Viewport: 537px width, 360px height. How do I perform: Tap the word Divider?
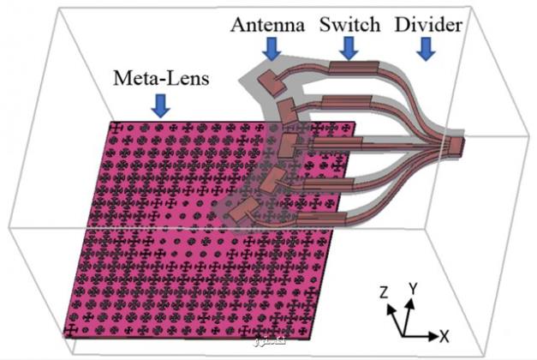pos(427,25)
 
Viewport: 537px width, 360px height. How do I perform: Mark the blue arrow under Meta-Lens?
pos(160,106)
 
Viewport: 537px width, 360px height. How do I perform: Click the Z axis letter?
pos(385,292)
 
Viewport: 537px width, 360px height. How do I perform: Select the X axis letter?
pos(445,333)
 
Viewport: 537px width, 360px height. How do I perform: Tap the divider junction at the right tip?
pos(456,146)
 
